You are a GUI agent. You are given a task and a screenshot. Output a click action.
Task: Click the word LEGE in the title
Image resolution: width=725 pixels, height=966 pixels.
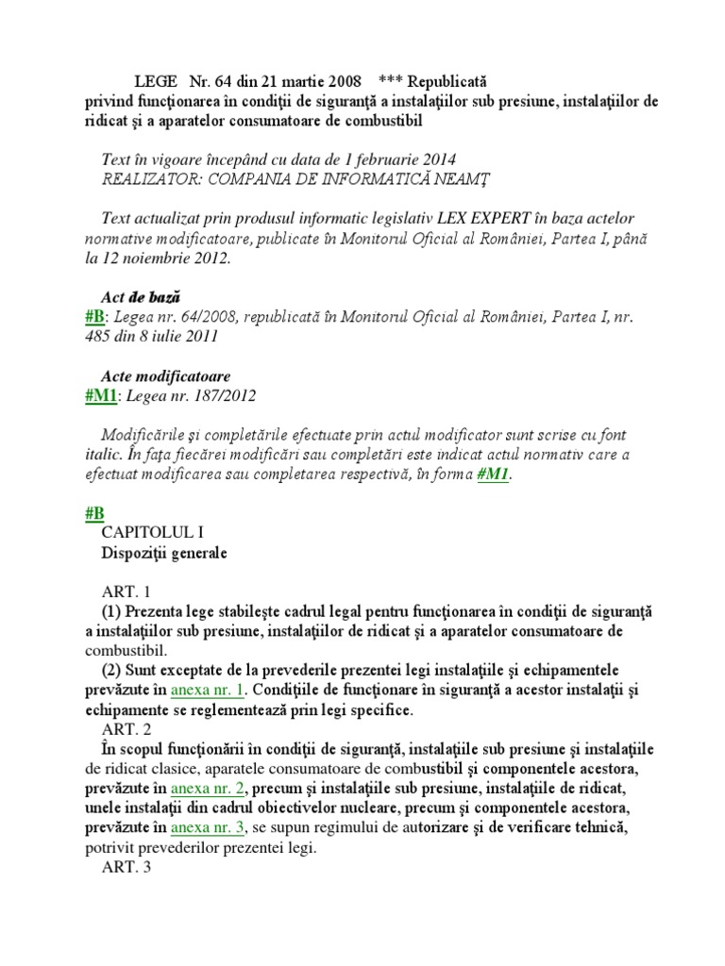point(155,82)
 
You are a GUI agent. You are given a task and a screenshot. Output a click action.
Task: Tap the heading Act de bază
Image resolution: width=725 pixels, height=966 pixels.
point(141,297)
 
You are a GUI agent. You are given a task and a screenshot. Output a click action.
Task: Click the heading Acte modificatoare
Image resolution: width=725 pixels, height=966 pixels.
point(165,376)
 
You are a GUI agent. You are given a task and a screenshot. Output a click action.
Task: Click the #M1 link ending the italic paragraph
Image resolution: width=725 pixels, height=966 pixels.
point(494,475)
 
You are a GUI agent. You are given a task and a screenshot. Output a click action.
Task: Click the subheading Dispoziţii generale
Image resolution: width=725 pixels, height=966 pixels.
point(164,554)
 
